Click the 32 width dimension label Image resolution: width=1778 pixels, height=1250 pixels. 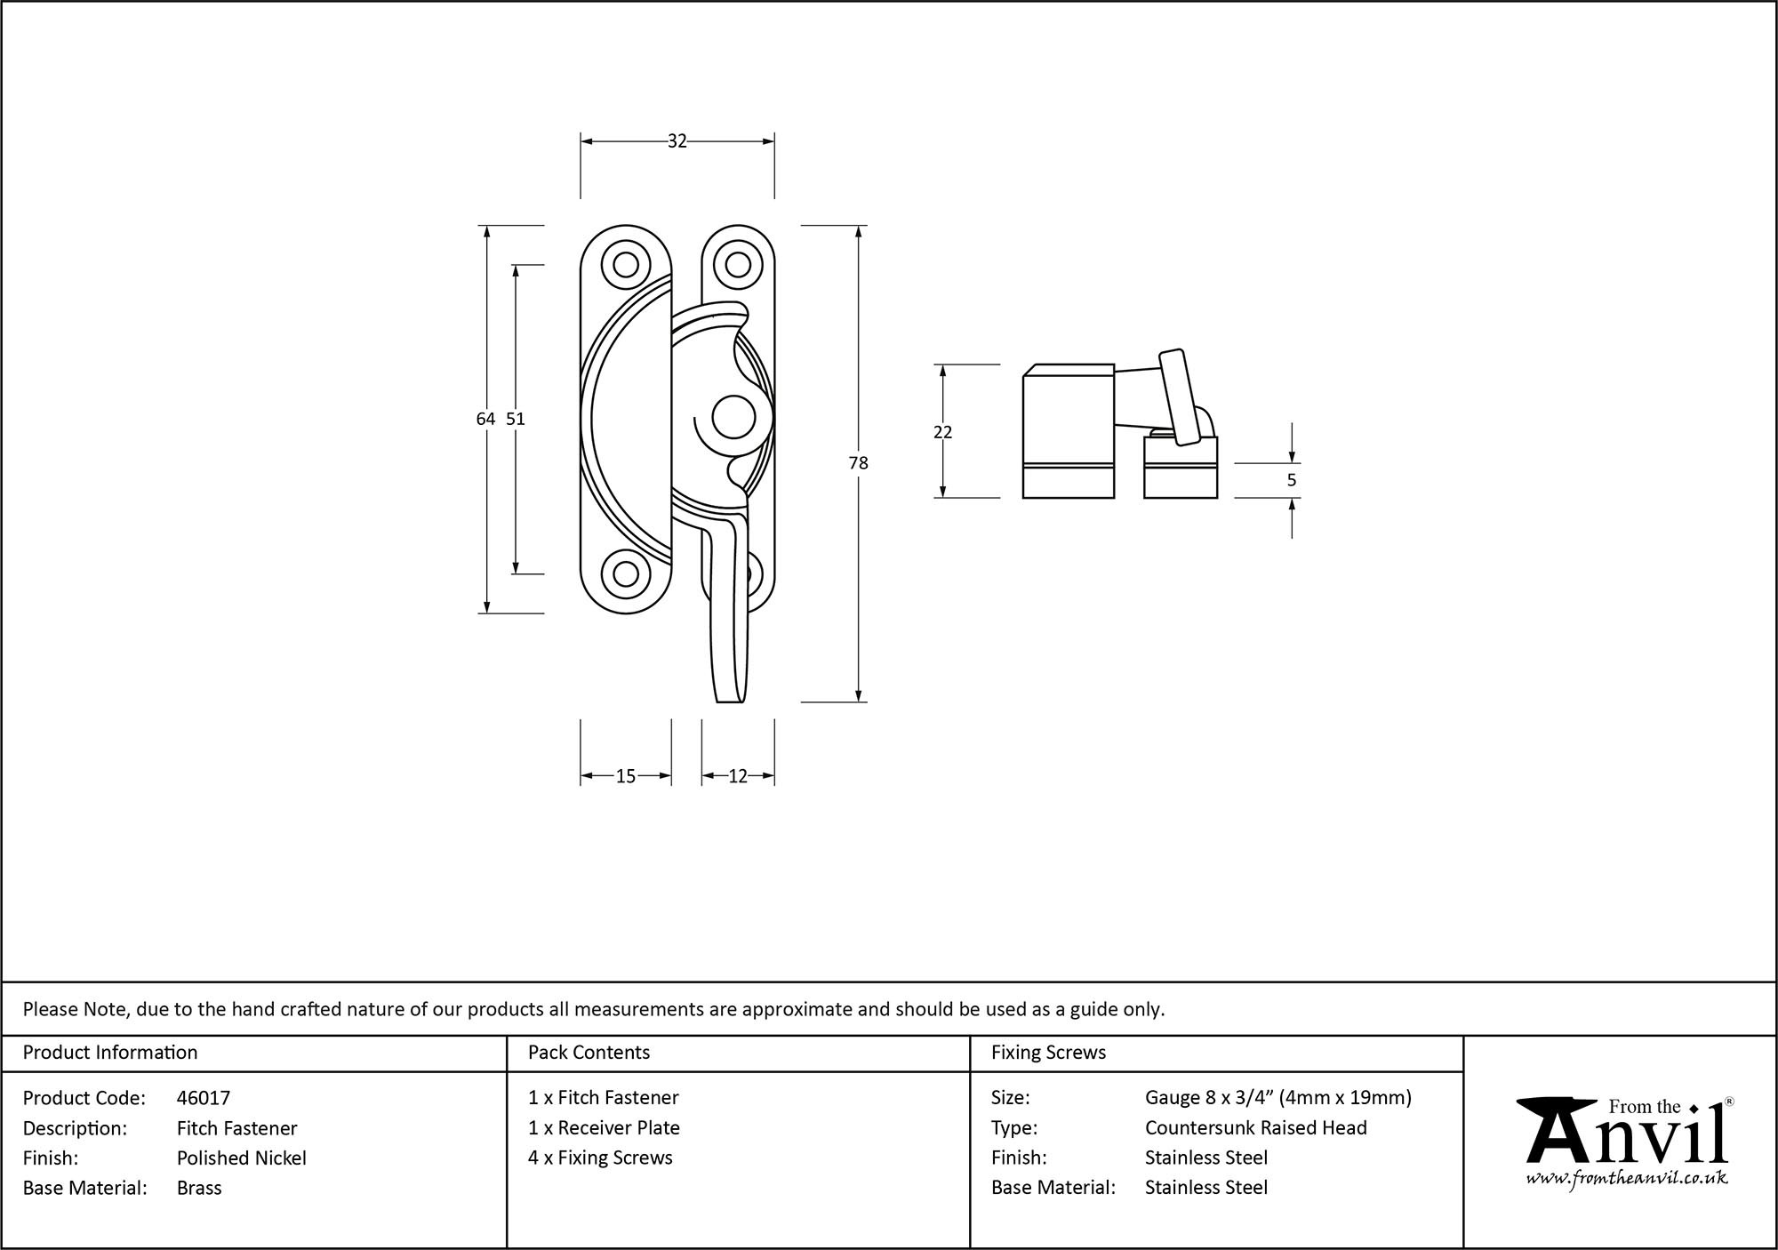677,141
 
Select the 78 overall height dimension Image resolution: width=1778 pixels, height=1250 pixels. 858,463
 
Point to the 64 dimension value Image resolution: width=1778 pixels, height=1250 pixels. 485,419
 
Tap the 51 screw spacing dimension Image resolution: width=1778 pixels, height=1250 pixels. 516,419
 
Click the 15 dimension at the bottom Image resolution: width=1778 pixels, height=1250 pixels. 626,777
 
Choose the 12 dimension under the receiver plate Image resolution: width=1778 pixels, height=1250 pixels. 738,777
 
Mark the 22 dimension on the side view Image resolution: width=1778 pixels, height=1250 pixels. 943,432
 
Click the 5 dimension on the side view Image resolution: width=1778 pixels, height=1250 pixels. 1292,480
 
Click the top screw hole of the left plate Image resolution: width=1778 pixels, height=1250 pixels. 626,265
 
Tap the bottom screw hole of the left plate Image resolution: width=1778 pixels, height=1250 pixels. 626,574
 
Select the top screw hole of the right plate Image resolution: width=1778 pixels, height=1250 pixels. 737,265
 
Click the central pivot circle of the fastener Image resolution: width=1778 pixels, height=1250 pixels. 733,418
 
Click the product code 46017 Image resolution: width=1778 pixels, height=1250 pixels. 204,1098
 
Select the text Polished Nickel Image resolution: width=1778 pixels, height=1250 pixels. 242,1158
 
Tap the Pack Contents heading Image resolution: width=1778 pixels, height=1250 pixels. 589,1053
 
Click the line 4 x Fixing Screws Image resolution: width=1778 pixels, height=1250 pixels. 600,1158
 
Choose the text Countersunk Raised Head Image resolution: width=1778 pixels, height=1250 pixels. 1255,1128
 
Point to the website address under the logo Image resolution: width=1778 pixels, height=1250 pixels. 1627,1179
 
